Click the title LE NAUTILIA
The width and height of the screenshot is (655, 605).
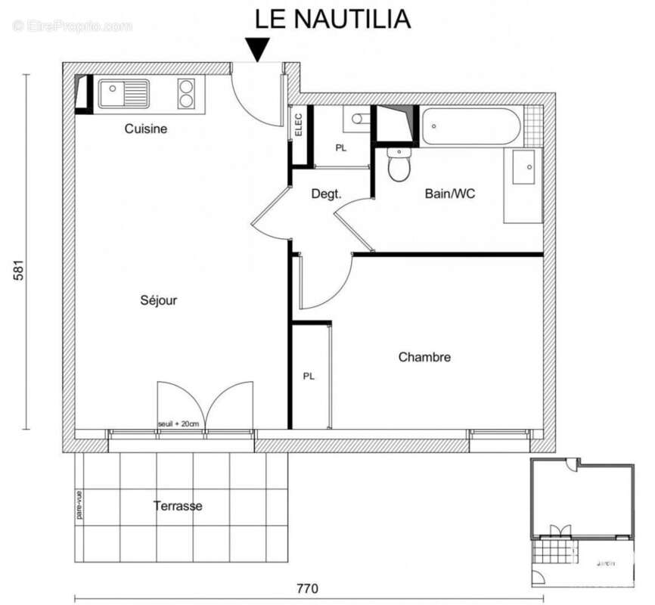[x=332, y=18]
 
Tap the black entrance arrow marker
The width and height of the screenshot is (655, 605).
[x=258, y=51]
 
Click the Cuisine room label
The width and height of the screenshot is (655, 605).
[x=146, y=129]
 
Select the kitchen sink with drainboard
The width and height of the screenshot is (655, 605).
[x=123, y=94]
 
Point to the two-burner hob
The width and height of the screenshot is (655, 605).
[x=187, y=94]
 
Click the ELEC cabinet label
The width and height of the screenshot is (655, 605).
[x=298, y=123]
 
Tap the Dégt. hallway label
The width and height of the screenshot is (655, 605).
[x=326, y=194]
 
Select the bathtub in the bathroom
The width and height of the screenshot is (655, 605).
[x=470, y=126]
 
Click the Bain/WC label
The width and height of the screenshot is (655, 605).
[x=450, y=194]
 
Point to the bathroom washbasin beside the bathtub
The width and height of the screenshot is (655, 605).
[x=523, y=167]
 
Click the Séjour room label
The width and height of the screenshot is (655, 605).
[x=159, y=300]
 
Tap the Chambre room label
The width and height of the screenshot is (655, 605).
[x=424, y=357]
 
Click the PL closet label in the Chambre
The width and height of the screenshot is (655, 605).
[x=309, y=376]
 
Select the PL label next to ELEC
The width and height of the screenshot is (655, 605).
[x=341, y=148]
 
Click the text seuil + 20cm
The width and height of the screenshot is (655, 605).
[x=178, y=423]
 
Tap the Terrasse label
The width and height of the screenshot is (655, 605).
[x=178, y=506]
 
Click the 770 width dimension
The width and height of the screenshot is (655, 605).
[x=306, y=588]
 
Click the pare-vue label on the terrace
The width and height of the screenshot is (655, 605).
[x=79, y=506]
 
